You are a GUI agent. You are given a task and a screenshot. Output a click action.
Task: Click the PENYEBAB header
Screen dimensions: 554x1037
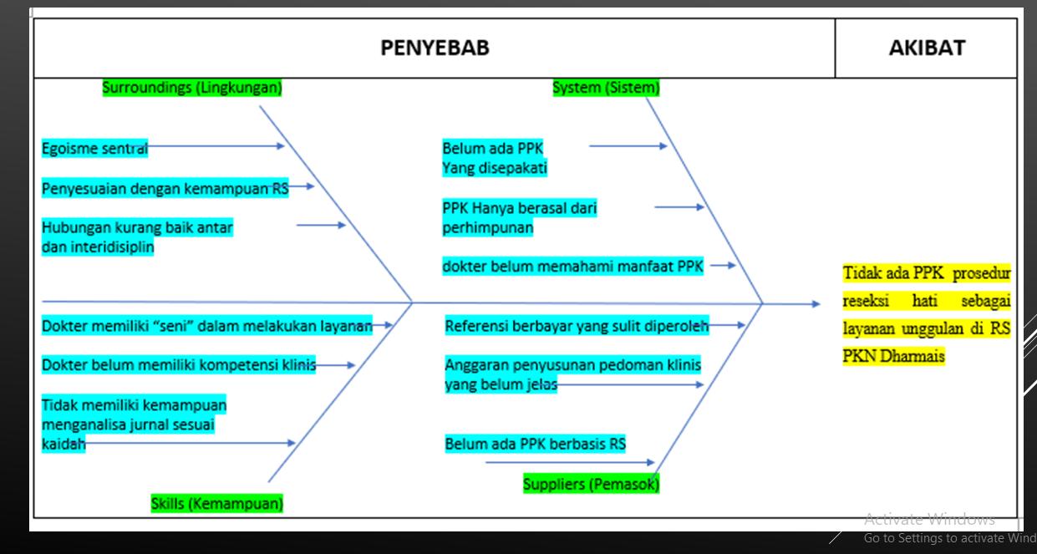pos(435,48)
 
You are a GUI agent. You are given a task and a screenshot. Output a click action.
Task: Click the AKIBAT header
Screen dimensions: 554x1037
pos(926,48)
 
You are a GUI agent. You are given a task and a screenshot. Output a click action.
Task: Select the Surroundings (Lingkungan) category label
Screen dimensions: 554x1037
pos(191,87)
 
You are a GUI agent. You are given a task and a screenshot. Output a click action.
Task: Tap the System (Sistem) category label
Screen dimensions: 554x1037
pos(606,87)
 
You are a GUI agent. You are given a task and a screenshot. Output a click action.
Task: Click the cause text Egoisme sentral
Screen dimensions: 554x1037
pos(94,150)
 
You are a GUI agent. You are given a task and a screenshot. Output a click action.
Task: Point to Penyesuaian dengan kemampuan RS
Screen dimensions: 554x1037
pos(165,187)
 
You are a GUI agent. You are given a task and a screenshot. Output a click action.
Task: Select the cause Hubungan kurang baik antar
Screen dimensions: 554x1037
pos(137,226)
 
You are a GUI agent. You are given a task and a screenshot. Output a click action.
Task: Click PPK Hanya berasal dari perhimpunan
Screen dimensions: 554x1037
pos(519,216)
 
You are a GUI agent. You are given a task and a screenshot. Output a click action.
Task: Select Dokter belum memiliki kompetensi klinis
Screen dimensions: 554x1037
pos(179,365)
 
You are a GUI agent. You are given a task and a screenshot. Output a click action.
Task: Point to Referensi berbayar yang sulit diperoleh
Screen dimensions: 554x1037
pos(577,327)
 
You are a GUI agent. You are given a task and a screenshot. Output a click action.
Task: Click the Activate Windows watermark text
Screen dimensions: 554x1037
pos(929,519)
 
